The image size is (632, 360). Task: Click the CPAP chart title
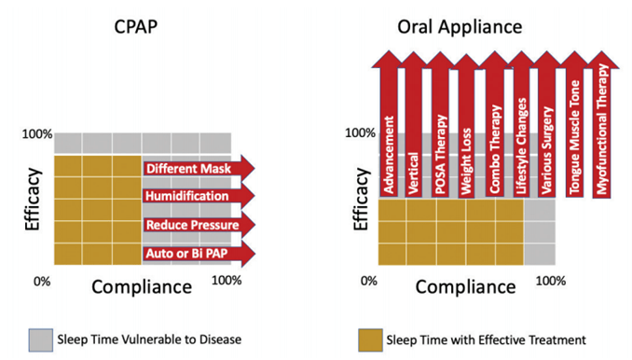[x=135, y=27]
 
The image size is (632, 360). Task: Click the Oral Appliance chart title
[x=460, y=27]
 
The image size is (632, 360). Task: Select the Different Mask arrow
[x=199, y=168]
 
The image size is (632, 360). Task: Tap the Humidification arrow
[x=199, y=196]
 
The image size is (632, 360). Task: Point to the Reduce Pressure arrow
[x=199, y=225]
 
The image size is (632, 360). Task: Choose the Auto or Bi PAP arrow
[x=199, y=254]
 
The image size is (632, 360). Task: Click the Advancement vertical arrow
[x=389, y=123]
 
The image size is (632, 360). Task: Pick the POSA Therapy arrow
[x=440, y=124]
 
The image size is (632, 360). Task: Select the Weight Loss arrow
[x=466, y=125]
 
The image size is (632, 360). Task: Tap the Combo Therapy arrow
[x=495, y=124]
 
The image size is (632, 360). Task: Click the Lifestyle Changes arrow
[x=521, y=124]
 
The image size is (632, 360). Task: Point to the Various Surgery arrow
[x=546, y=124]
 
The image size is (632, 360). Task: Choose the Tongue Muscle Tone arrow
[x=574, y=124]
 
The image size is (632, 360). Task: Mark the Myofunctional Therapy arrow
[x=601, y=124]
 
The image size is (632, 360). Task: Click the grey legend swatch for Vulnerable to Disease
[x=41, y=339]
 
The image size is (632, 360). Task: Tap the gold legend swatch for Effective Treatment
[x=370, y=339]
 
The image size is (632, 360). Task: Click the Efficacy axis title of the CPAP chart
[x=33, y=200]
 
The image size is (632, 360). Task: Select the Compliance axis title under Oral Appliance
[x=465, y=287]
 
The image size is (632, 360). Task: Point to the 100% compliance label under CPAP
[x=227, y=280]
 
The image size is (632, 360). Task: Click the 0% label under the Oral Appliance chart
[x=369, y=281]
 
